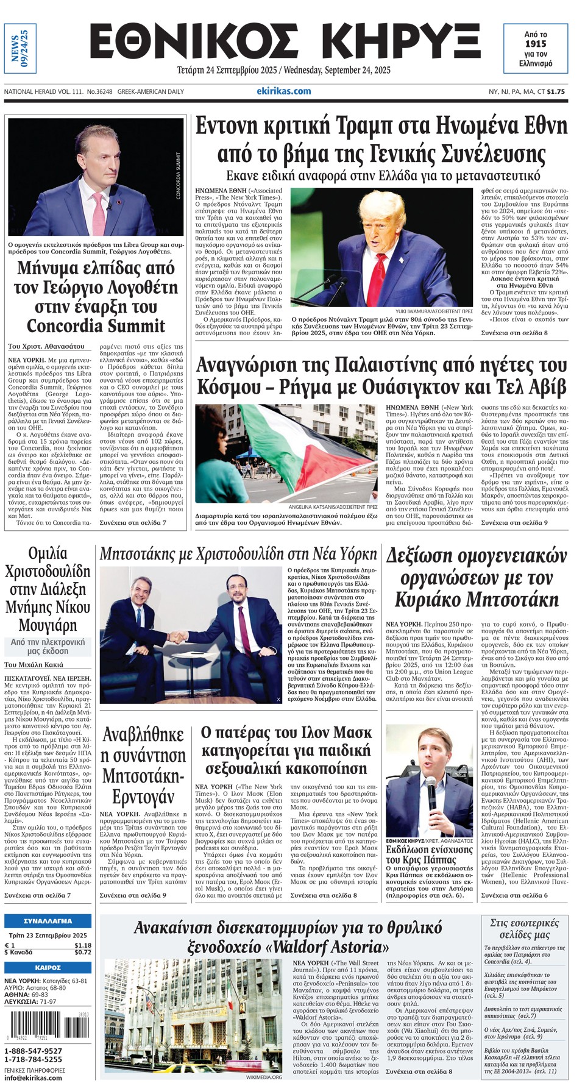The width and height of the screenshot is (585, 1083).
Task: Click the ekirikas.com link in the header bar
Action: pos(283,91)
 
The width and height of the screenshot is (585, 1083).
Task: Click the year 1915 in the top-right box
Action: pos(536,44)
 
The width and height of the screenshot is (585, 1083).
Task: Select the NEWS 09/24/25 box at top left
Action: pos(19,49)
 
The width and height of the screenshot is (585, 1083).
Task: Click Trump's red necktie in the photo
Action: pos(381,274)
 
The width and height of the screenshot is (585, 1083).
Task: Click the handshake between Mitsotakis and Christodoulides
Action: pos(178,637)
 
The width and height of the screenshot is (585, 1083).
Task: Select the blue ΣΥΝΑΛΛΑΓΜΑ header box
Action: pos(48,921)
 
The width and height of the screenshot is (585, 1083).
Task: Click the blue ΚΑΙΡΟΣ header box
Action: pos(48,968)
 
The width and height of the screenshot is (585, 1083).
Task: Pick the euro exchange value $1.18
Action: pos(83,945)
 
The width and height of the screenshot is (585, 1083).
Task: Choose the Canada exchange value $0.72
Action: pos(83,953)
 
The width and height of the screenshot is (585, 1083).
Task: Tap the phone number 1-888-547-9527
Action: pos(34,1051)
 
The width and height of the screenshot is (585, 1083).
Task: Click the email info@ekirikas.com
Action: pos(34,1078)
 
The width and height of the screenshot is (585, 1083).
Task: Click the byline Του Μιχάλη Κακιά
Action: pos(34,665)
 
